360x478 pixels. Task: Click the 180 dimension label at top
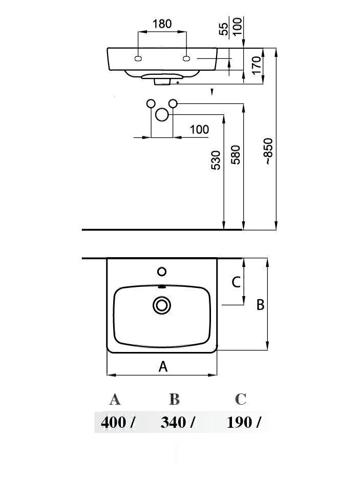pos(162,24)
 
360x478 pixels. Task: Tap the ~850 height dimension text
pos(268,151)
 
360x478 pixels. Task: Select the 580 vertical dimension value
pos(236,155)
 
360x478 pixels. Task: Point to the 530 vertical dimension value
pos(216,160)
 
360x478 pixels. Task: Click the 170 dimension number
pos(257,65)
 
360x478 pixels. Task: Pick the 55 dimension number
pos(224,29)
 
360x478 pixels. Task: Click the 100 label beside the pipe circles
pos(199,130)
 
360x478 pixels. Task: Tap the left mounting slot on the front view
pos(138,58)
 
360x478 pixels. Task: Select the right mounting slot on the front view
pos(186,58)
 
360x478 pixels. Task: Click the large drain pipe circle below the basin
pos(162,115)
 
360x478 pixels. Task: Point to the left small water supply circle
pos(151,103)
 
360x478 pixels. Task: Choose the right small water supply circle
pos(173,103)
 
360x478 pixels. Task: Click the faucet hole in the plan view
pos(161,272)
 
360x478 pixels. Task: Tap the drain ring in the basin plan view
pos(161,305)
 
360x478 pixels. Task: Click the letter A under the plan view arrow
pos(163,366)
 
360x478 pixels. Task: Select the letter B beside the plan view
pos(260,305)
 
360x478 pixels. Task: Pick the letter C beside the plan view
pos(236,282)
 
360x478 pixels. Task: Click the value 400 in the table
pos(113,423)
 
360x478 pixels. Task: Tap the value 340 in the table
pos(173,423)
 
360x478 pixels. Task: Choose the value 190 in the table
pos(239,423)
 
